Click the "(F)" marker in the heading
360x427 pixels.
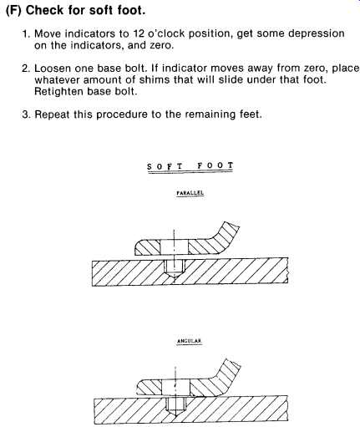[13, 11]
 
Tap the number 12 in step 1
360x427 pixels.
[138, 33]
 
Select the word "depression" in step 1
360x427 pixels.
[317, 34]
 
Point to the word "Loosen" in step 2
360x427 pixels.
[53, 69]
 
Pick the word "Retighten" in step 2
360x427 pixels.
[59, 92]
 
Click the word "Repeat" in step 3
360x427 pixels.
[52, 114]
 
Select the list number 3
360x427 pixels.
[26, 114]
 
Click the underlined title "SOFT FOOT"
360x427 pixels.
[190, 166]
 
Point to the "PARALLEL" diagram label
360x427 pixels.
[190, 193]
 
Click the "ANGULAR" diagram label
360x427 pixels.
[190, 341]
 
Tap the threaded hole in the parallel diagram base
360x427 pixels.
[175, 267]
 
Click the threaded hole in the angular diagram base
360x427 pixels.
[175, 407]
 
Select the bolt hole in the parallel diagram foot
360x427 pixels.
[175, 247]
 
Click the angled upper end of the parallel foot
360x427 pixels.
[227, 232]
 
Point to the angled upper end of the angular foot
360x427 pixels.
[228, 369]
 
